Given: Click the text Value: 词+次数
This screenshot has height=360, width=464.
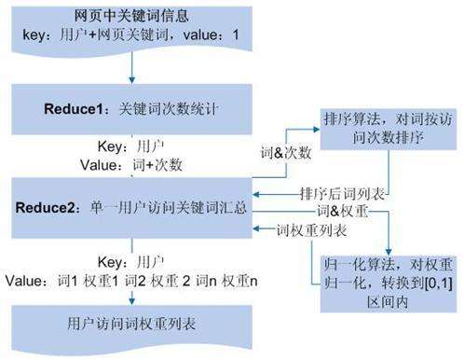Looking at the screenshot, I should (138, 164).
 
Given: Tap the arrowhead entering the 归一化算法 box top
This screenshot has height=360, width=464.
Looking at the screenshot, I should (387, 249).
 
